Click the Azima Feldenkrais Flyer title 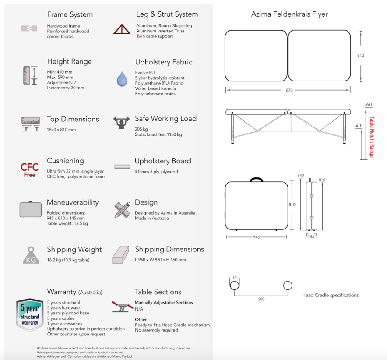(x=289, y=14)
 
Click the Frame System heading (x=70, y=14)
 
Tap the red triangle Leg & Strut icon (x=122, y=29)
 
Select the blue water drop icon (x=122, y=79)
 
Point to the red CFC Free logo (x=30, y=170)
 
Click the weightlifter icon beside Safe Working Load (x=121, y=123)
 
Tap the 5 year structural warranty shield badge (x=30, y=314)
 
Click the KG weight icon (x=31, y=255)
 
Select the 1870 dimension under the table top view (x=288, y=90)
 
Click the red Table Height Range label (x=372, y=137)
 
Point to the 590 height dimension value (x=368, y=105)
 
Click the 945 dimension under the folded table (x=256, y=237)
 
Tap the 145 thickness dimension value (x=311, y=236)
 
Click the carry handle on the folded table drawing (x=257, y=179)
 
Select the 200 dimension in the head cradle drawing (x=261, y=299)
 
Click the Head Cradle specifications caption (x=330, y=295)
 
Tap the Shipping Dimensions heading (x=169, y=249)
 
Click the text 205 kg (x=141, y=129)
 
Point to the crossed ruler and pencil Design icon (x=122, y=210)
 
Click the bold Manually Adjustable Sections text (x=164, y=303)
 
